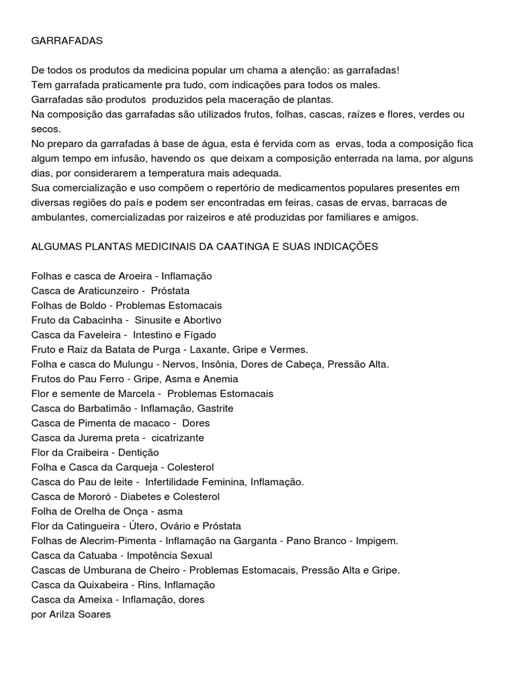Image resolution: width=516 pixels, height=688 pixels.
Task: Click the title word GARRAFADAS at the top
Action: click(x=67, y=41)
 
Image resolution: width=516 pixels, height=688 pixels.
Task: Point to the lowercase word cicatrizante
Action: click(x=177, y=438)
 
